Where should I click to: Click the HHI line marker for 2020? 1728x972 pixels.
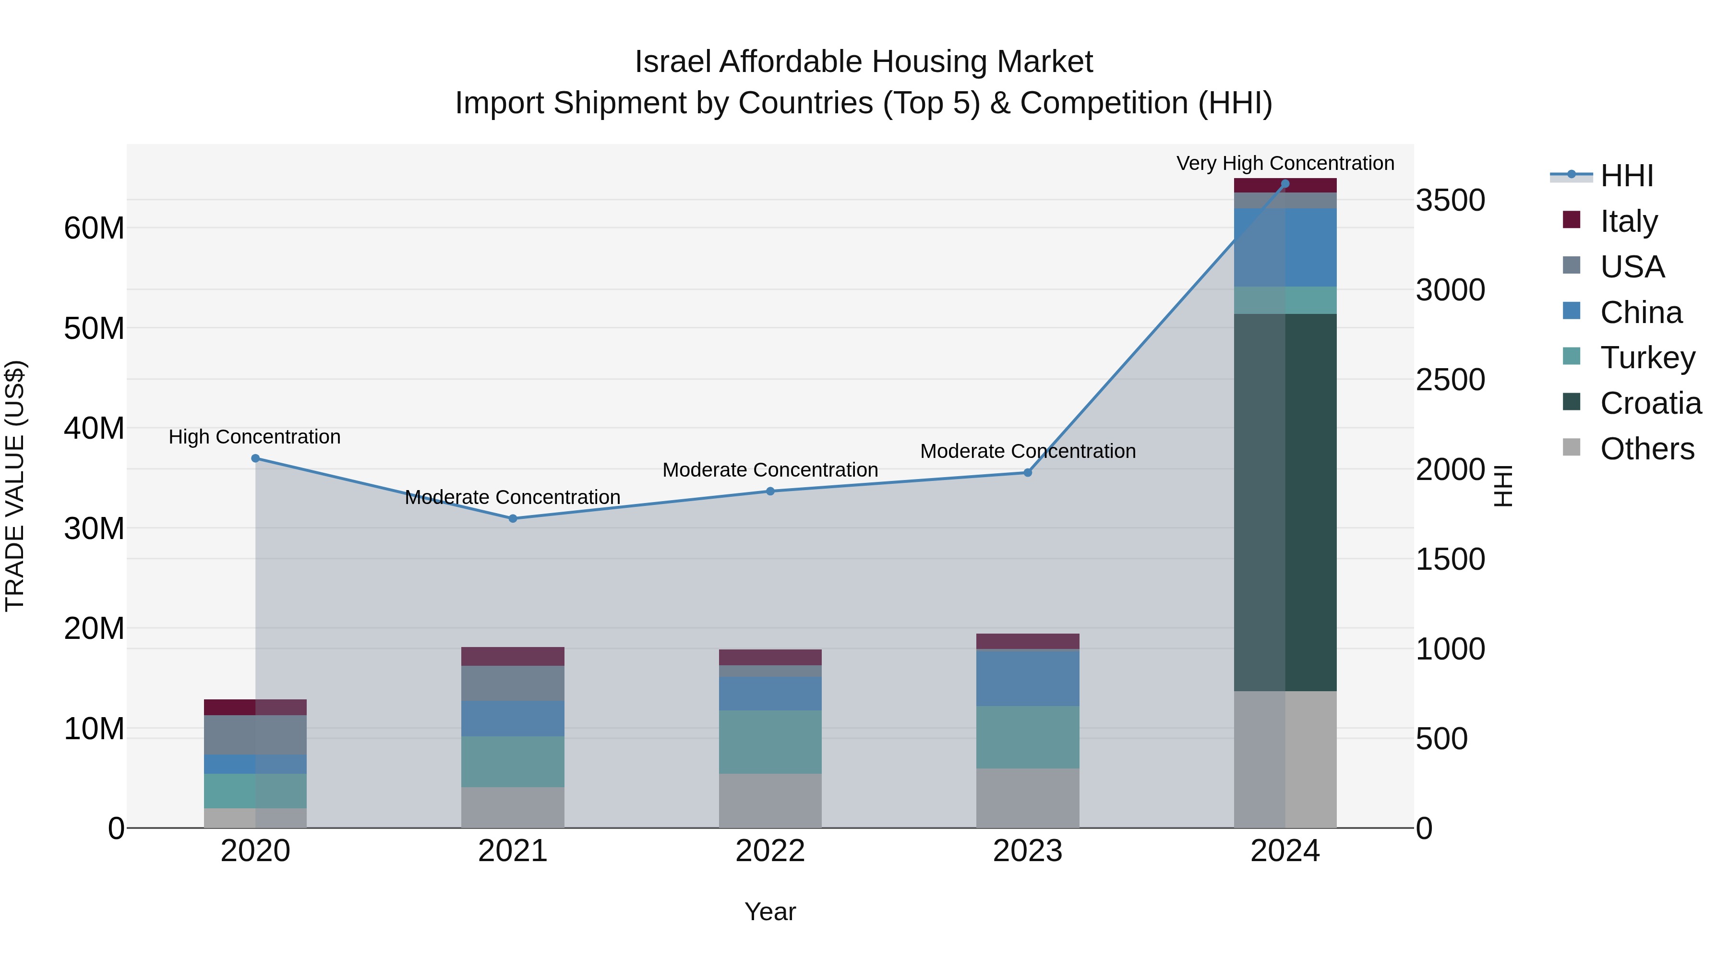[255, 458]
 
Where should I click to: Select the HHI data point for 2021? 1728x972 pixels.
[513, 518]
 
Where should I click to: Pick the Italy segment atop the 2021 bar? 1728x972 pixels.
[513, 656]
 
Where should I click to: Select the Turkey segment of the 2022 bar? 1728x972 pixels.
[770, 742]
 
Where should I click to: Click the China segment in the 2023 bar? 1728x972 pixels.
[1028, 677]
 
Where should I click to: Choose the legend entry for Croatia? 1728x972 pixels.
[1650, 403]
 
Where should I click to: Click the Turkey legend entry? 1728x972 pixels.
[1647, 358]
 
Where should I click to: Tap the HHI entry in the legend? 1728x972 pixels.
[1626, 176]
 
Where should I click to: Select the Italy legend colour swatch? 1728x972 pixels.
[1571, 220]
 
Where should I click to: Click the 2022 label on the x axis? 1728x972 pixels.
[770, 851]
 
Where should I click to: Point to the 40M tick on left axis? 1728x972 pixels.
[94, 428]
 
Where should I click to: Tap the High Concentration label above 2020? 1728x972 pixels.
[254, 437]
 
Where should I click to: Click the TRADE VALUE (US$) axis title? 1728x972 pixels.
[15, 486]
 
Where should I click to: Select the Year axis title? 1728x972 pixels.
[770, 912]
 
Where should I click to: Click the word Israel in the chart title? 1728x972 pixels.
[673, 62]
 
